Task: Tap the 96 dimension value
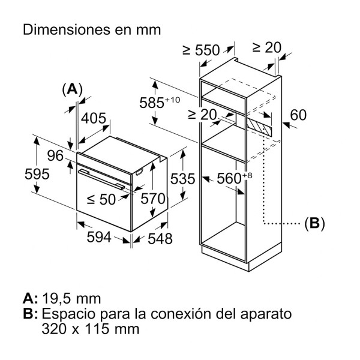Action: click(x=55, y=155)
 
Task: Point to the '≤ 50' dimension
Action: click(x=100, y=199)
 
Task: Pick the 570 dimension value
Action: click(x=152, y=197)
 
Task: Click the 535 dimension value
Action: click(x=182, y=178)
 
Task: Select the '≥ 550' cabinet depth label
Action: click(x=200, y=51)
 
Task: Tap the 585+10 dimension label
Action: click(x=158, y=102)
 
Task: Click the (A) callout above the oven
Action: click(x=72, y=89)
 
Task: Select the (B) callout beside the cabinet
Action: click(x=314, y=224)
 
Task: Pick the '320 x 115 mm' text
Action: click(x=91, y=329)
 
